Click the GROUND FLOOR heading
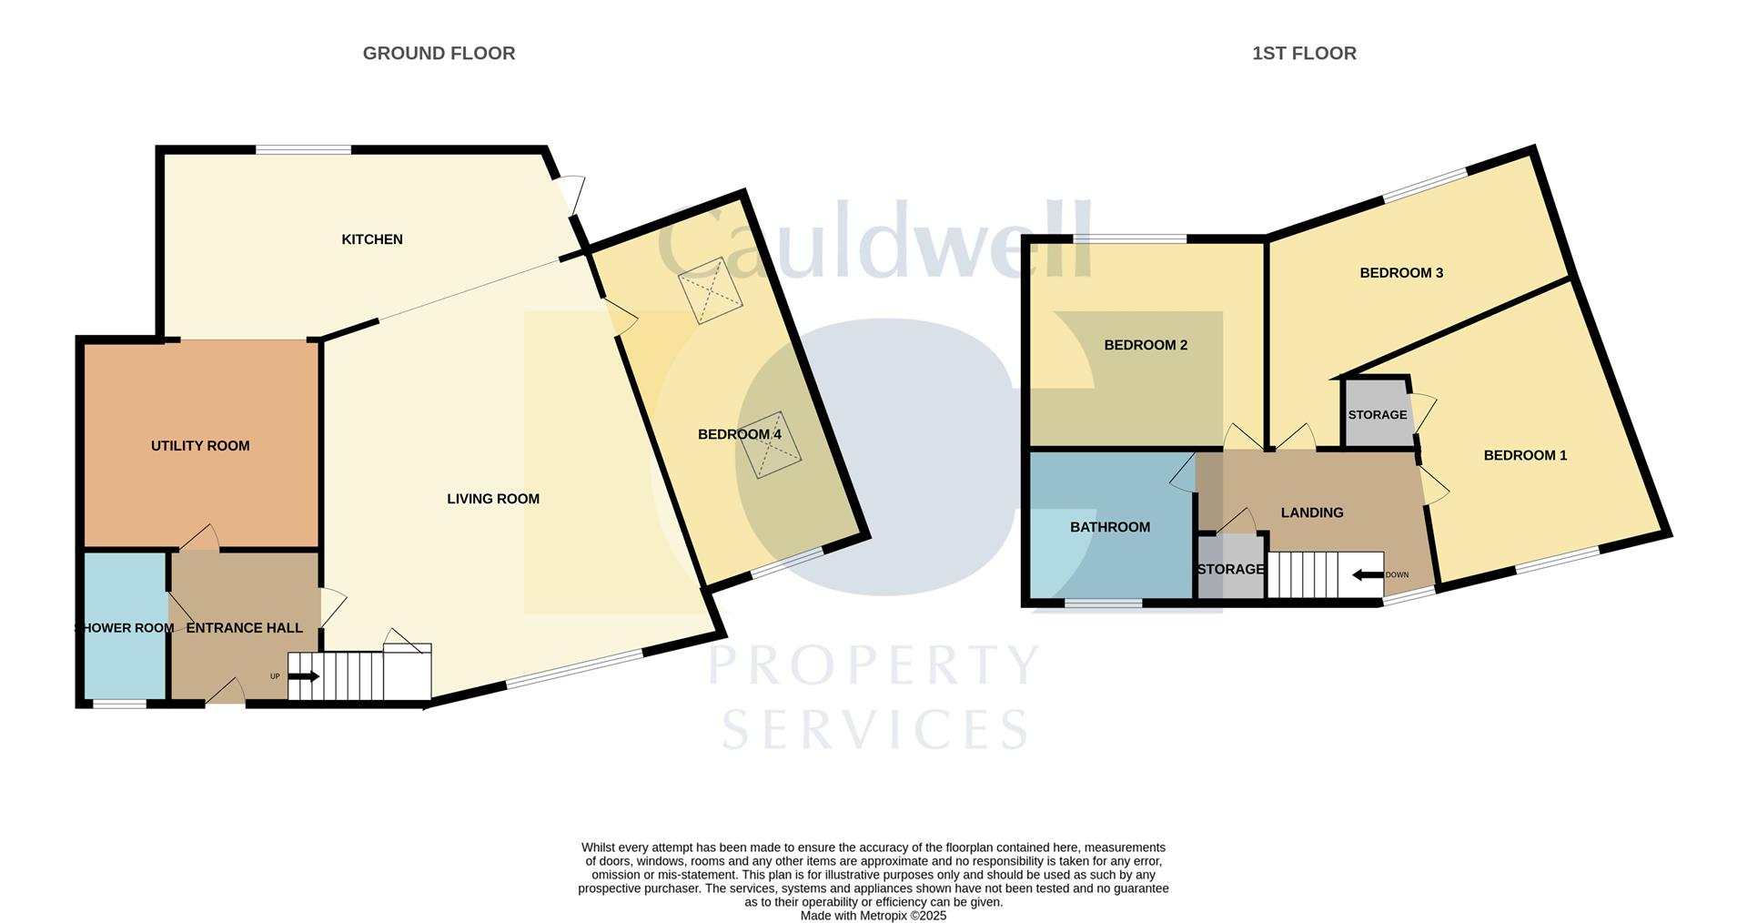pyautogui.click(x=439, y=54)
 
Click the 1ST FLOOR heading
pyautogui.click(x=1304, y=54)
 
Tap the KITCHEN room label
pyautogui.click(x=372, y=239)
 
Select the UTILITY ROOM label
pyautogui.click(x=200, y=446)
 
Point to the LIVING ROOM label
pyautogui.click(x=493, y=499)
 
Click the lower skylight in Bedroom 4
pyautogui.click(x=770, y=445)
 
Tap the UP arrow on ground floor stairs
pyautogui.click(x=303, y=676)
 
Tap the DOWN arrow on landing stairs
pyautogui.click(x=1368, y=575)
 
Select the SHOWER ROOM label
pyautogui.click(x=124, y=628)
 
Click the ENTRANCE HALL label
pyautogui.click(x=244, y=628)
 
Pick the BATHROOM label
pyautogui.click(x=1110, y=527)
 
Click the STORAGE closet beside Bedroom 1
pyautogui.click(x=1377, y=415)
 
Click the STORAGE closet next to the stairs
pyautogui.click(x=1230, y=570)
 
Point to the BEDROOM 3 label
pyautogui.click(x=1401, y=273)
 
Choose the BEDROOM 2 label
pyautogui.click(x=1146, y=345)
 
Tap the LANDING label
pyautogui.click(x=1312, y=512)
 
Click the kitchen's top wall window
pyautogui.click(x=303, y=149)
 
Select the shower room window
pyautogui.click(x=120, y=704)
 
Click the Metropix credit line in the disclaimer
pyautogui.click(x=873, y=916)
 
